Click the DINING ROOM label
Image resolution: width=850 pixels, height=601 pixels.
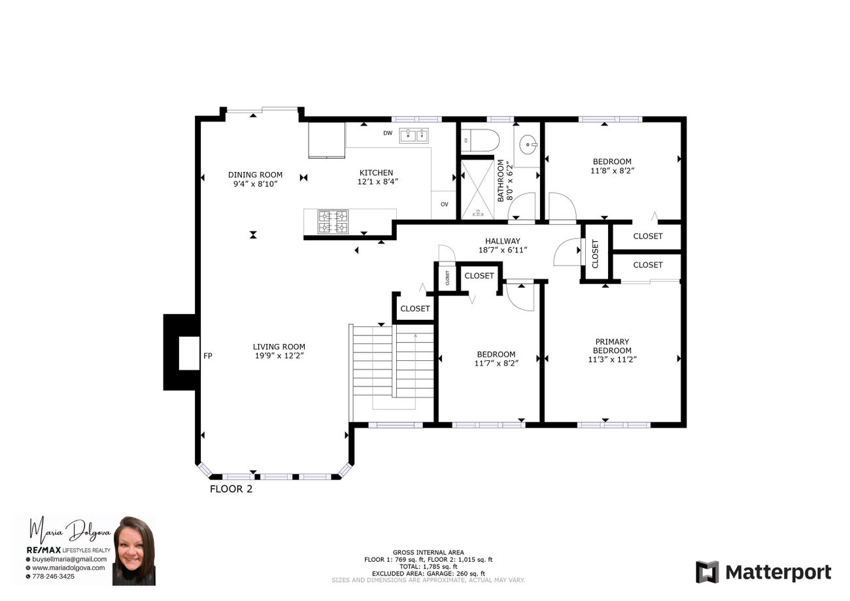point(255,175)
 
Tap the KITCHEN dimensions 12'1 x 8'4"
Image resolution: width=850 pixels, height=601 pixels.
point(378,182)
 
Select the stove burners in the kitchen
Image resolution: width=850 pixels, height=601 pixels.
point(333,222)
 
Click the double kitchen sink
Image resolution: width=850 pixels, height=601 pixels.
point(414,135)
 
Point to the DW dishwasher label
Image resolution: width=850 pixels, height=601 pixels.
point(388,133)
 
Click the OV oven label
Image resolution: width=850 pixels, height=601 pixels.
point(445,205)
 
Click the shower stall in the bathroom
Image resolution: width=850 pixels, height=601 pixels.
point(477,189)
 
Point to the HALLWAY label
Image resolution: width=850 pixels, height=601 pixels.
point(503,241)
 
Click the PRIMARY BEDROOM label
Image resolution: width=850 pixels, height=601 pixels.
point(612,346)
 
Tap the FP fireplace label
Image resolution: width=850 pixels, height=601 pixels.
point(208,356)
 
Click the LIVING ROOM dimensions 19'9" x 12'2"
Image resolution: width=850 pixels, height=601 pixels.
point(279,356)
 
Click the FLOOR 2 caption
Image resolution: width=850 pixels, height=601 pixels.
point(231,489)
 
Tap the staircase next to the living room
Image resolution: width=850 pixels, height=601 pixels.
point(392,369)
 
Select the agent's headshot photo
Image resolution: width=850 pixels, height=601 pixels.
point(134,550)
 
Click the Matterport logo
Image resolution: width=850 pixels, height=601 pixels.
point(764,572)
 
